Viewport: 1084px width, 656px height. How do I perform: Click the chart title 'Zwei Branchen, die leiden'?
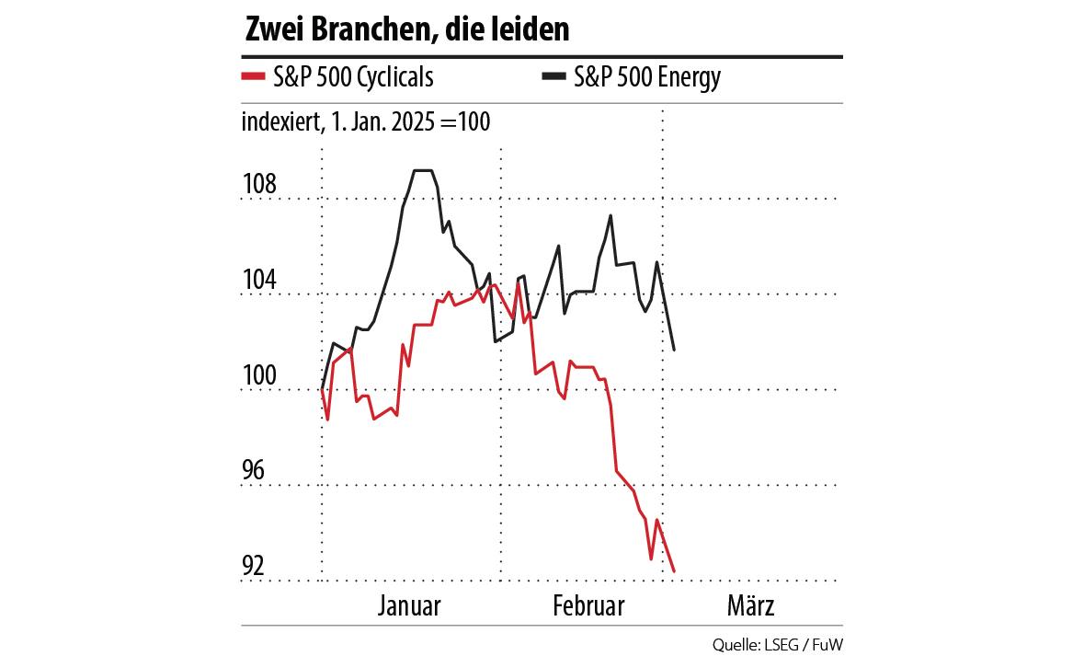point(406,29)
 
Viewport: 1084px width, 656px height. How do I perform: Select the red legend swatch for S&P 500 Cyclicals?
point(252,77)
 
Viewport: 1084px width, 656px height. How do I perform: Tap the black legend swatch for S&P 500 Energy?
point(552,77)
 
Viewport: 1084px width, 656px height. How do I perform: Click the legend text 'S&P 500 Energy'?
point(647,77)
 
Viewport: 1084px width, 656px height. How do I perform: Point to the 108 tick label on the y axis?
point(258,184)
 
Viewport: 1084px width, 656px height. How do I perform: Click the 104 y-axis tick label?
point(258,280)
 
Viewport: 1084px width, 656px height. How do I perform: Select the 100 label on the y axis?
point(258,375)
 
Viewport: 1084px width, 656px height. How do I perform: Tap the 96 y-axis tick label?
point(253,471)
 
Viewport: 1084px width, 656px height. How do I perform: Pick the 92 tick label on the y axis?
point(253,567)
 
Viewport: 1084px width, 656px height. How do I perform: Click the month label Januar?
point(409,607)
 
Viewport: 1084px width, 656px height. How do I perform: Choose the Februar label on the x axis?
point(588,607)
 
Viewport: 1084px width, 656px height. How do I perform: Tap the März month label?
point(751,607)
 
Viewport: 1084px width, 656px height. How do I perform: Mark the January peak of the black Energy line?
point(422,170)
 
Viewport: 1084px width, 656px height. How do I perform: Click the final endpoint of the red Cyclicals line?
point(674,571)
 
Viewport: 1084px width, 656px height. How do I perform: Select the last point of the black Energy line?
point(674,350)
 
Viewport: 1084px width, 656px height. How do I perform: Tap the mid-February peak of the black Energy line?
point(610,215)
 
